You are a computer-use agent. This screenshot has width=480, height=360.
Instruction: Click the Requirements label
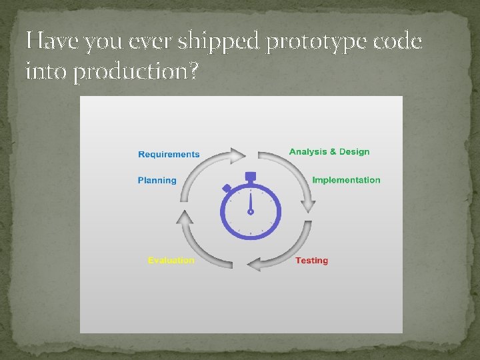coord(169,155)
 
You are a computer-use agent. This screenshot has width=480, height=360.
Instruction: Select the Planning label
coord(157,181)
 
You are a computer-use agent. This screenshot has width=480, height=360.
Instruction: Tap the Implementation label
coord(346,180)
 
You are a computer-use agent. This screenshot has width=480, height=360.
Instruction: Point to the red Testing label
coord(311,261)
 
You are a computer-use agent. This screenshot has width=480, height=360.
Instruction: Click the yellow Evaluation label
coord(171,261)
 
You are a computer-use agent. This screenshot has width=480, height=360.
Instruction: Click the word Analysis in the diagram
coord(309,152)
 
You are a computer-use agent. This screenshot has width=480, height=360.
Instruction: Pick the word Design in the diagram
coord(354,152)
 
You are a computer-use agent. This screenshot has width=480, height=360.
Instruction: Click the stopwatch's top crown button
coord(251,177)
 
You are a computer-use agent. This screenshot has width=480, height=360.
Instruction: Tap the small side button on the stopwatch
coord(227,189)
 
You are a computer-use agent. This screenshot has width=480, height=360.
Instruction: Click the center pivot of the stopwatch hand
coord(251,212)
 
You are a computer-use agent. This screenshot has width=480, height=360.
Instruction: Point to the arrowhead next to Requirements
coord(239,156)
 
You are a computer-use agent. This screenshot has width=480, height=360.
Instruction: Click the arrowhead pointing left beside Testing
coord(254,265)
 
